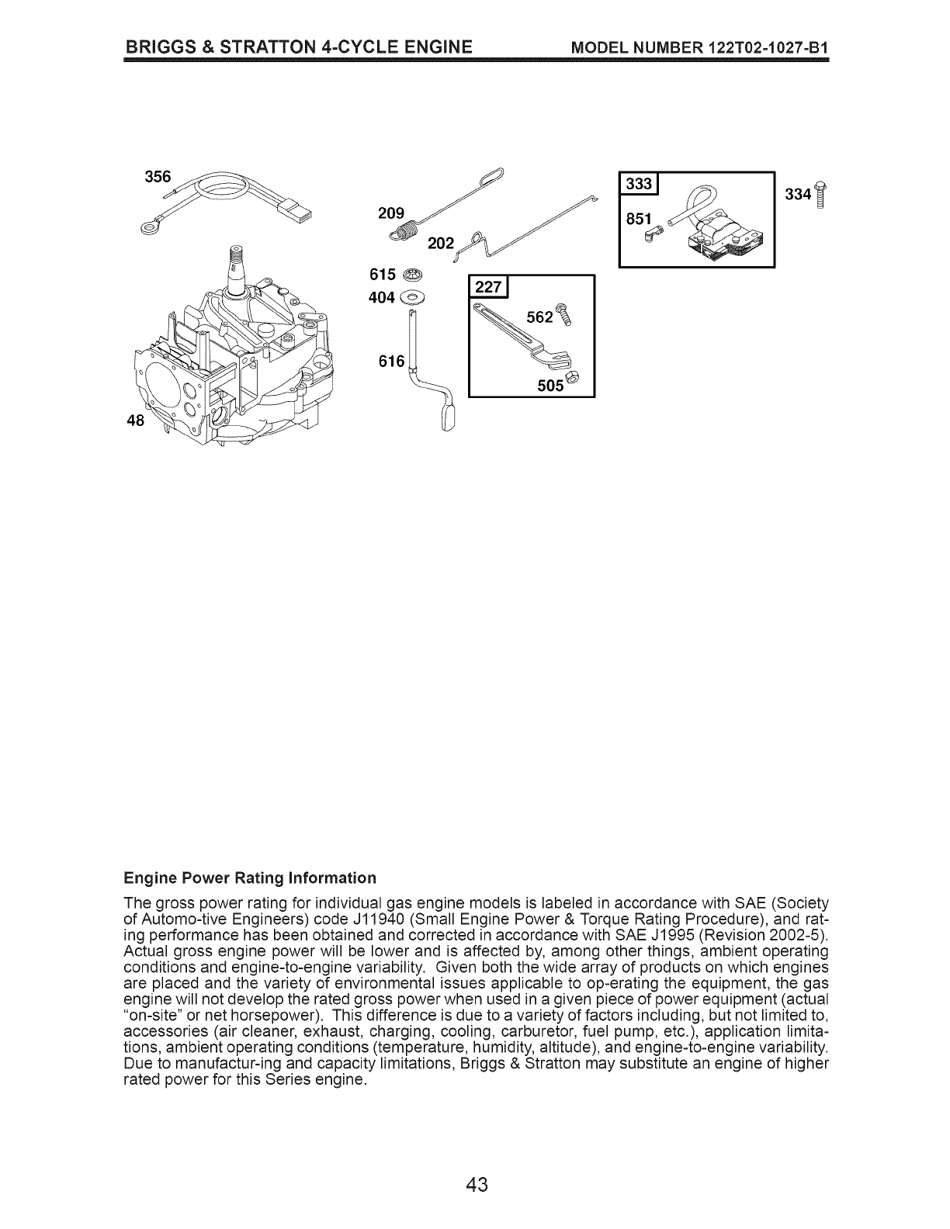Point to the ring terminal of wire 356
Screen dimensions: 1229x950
pyautogui.click(x=149, y=227)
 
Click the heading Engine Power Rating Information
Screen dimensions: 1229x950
pyautogui.click(x=250, y=878)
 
